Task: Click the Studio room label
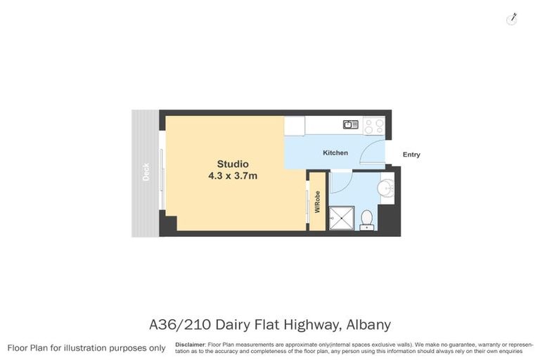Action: tap(232, 164)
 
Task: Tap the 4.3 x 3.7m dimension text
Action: tap(232, 176)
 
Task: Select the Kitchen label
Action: tap(335, 153)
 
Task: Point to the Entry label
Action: tap(411, 155)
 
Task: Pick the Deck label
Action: tap(146, 172)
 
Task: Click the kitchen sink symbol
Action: tap(350, 125)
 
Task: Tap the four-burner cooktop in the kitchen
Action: tap(374, 125)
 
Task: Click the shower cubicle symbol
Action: tap(342, 217)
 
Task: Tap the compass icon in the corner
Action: tap(512, 19)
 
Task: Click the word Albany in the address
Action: tap(367, 325)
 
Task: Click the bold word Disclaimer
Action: tap(190, 345)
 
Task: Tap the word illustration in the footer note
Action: tap(86, 348)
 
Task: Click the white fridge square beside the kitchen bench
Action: tap(295, 125)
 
